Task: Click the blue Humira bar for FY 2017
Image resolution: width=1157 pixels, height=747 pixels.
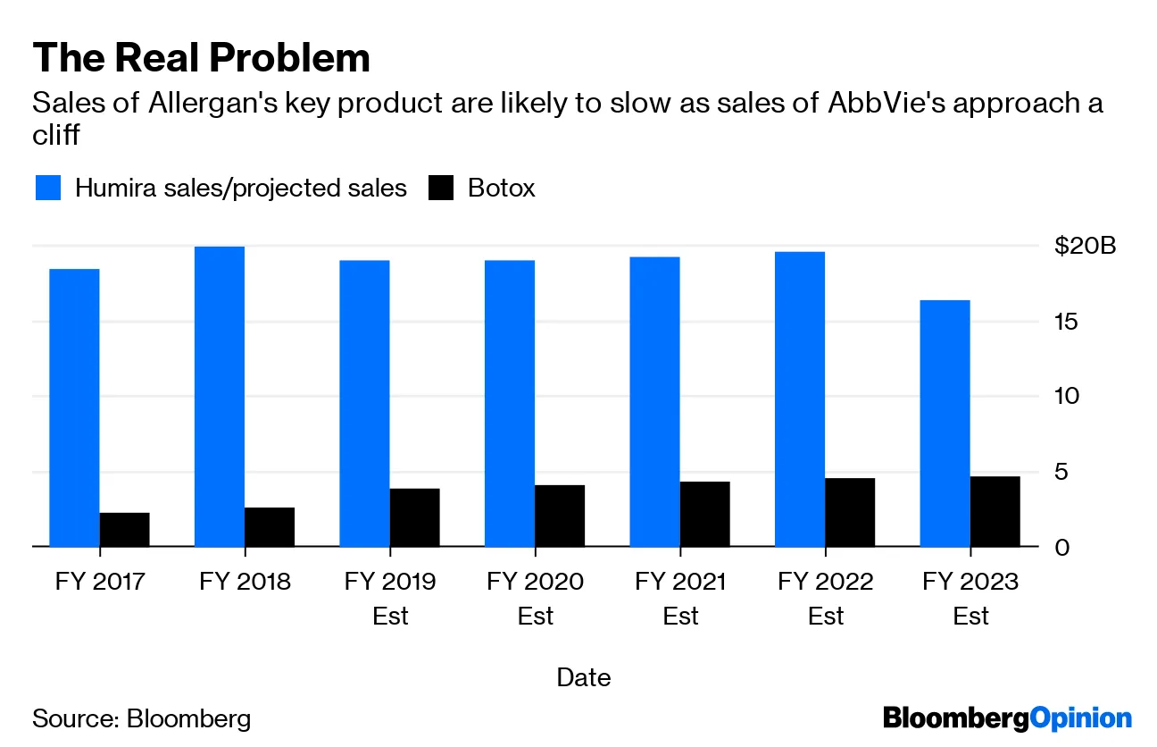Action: click(x=74, y=407)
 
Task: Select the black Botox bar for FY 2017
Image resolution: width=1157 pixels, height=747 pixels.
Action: click(x=124, y=529)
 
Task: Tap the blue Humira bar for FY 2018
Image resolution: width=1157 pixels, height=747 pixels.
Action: click(x=220, y=396)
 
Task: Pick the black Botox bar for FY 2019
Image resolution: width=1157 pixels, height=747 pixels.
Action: click(x=414, y=517)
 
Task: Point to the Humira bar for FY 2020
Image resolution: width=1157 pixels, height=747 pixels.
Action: click(x=510, y=403)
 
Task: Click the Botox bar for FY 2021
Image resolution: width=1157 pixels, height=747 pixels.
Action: click(x=704, y=514)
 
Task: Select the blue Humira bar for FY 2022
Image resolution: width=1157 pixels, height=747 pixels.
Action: click(x=800, y=399)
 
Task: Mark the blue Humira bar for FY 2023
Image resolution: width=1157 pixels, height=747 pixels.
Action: click(x=945, y=423)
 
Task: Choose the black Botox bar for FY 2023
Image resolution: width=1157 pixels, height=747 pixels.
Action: click(x=995, y=511)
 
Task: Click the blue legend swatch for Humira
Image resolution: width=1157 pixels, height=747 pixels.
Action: click(x=48, y=189)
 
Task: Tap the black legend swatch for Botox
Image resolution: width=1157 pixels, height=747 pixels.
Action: click(x=441, y=189)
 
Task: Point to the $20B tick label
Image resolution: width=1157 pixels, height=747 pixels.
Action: click(x=1085, y=246)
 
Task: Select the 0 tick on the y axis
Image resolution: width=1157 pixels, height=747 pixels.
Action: click(x=1061, y=547)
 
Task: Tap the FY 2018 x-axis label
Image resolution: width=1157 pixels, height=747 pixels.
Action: click(x=245, y=582)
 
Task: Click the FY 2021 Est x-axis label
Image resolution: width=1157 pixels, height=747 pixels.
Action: click(x=680, y=599)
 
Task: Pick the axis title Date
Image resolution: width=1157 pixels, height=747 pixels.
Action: click(x=583, y=677)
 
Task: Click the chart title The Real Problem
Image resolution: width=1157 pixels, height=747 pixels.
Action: click(x=201, y=58)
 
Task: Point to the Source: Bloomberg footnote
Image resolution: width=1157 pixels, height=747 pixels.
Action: click(x=142, y=718)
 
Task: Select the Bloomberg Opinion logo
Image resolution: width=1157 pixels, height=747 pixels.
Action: click(x=1006, y=718)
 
